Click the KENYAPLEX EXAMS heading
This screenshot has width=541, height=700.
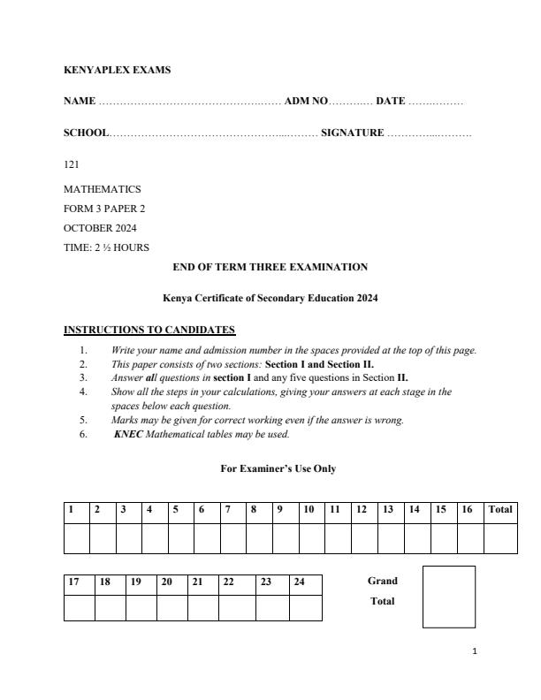(x=117, y=71)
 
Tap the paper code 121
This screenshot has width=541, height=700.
(x=71, y=164)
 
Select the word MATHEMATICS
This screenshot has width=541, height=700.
(x=102, y=189)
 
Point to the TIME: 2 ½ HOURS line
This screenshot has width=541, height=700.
(x=106, y=247)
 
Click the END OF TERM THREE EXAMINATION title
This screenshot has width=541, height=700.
(x=270, y=267)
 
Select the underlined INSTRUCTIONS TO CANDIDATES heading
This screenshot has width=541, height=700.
(x=149, y=331)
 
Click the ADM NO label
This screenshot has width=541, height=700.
(x=306, y=102)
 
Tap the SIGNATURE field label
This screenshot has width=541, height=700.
(x=352, y=133)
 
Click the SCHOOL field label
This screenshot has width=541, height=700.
(x=86, y=133)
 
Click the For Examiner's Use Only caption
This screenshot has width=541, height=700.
(x=278, y=469)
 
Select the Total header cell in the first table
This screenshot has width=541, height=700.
(x=499, y=509)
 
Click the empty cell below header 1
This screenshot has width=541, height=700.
(x=76, y=538)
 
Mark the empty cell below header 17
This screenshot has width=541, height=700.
(x=79, y=608)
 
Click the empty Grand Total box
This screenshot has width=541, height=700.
(x=448, y=597)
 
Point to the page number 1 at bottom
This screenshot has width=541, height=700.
(x=475, y=651)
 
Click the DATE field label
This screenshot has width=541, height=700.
(x=391, y=102)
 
